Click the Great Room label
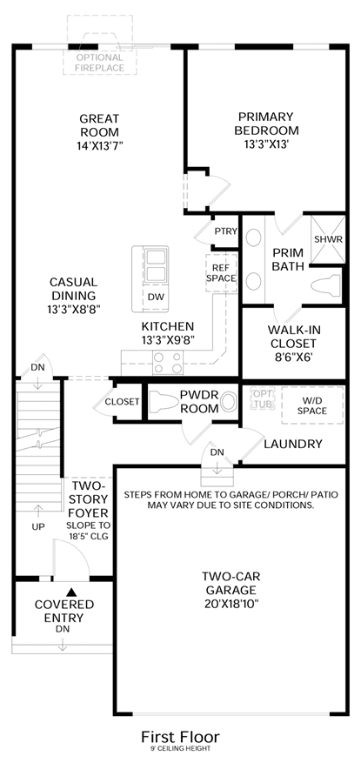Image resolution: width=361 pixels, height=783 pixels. [x=99, y=125]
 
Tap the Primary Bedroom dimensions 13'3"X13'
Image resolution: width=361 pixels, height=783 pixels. [x=267, y=144]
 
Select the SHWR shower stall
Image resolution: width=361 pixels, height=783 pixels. [x=328, y=240]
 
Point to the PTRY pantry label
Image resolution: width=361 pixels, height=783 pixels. [x=225, y=231]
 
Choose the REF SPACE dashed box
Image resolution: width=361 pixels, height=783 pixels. [x=221, y=272]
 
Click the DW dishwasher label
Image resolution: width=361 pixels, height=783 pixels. [x=156, y=296]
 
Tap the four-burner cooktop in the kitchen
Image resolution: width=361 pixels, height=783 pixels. [x=168, y=362]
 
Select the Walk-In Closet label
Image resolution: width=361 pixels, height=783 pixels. [x=294, y=337]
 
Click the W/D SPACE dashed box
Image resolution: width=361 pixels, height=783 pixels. [x=312, y=405]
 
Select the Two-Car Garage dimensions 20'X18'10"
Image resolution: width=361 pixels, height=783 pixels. [x=231, y=603]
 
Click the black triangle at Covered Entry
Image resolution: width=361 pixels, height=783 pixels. [x=72, y=592]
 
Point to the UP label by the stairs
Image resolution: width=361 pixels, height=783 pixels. [x=38, y=526]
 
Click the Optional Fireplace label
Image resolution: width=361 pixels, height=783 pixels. [x=100, y=63]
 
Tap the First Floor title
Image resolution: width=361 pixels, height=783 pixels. [x=180, y=737]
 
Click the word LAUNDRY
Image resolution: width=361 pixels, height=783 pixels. [x=293, y=444]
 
